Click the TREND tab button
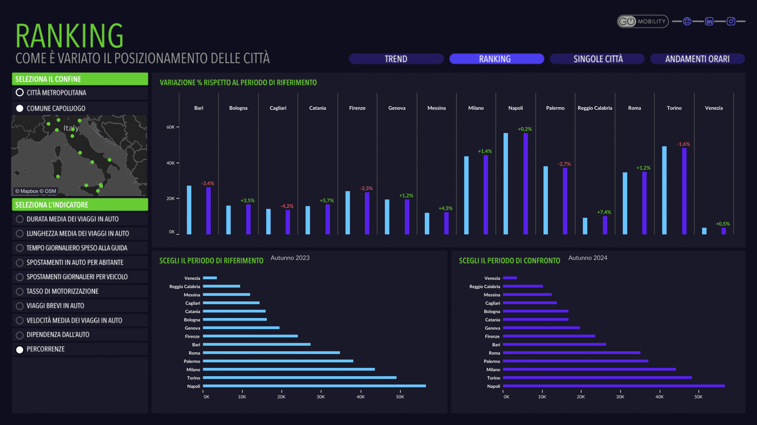coord(396,59)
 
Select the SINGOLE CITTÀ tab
coord(598,59)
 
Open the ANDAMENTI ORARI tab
coord(697,59)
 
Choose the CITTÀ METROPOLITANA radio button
coord(20,93)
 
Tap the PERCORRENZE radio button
coord(20,350)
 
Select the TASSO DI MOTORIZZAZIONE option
coord(20,292)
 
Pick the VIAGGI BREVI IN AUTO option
coord(20,306)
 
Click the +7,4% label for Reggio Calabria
coord(604,212)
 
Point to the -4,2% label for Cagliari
coord(287,206)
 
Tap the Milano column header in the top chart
coord(476,108)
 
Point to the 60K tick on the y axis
coord(171,127)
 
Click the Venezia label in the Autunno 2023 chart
coord(192,278)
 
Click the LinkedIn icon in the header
coord(709,21)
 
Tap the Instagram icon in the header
coord(731,21)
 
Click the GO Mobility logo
coord(643,21)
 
